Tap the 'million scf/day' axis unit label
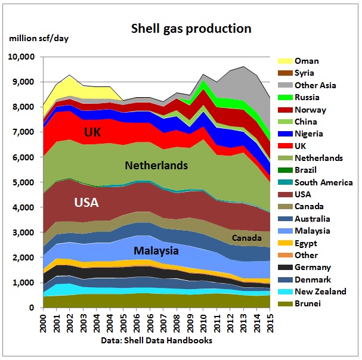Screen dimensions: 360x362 coord(39,39)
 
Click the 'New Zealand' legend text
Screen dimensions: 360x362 coord(321,291)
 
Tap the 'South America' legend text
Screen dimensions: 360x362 coord(324,182)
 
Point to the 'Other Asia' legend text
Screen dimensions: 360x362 coord(318,85)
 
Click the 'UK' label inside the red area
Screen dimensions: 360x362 coord(92,131)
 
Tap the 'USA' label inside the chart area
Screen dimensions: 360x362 coord(86,203)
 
